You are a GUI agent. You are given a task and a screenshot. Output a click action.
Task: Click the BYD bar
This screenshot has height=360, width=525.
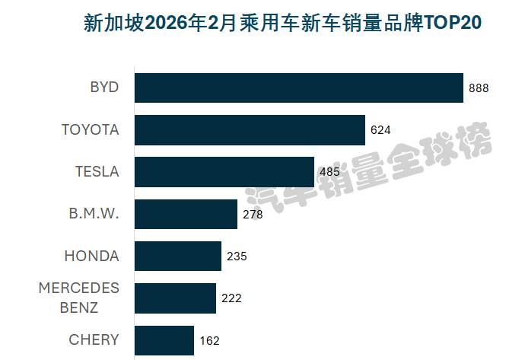(x=299, y=88)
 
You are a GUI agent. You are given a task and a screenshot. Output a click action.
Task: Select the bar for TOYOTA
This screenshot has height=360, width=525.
(x=250, y=130)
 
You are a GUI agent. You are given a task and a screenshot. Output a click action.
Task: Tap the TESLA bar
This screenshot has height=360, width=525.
(x=224, y=172)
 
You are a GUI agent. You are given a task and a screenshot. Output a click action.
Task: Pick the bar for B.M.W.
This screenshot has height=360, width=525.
(x=186, y=215)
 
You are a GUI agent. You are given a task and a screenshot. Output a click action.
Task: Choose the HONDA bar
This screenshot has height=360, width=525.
(x=178, y=256)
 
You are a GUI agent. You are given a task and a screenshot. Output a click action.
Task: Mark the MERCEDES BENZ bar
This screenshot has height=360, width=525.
(x=175, y=298)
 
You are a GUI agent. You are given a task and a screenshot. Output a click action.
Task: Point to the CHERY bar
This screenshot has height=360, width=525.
(x=164, y=340)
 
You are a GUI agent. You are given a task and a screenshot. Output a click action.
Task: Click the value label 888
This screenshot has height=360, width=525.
(x=479, y=88)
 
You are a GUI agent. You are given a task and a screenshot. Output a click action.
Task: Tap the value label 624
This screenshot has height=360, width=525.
(x=380, y=130)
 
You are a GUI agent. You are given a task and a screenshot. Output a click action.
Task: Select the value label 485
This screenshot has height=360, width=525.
(x=329, y=172)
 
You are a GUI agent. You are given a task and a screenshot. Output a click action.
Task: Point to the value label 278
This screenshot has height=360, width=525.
(x=253, y=215)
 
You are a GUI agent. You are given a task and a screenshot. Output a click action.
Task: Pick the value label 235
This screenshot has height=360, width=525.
(x=237, y=256)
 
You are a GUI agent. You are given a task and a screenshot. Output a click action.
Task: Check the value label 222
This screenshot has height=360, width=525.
(x=231, y=298)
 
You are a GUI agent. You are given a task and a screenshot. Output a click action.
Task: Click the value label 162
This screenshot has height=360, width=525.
(x=209, y=341)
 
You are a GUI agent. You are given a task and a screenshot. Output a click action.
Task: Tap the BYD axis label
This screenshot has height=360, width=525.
(x=104, y=88)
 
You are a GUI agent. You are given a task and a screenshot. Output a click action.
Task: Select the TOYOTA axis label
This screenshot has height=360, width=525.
(x=91, y=130)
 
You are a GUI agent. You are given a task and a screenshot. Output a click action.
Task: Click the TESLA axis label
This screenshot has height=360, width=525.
(x=97, y=172)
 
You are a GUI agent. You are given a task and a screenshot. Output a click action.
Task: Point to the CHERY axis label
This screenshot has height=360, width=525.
(x=94, y=340)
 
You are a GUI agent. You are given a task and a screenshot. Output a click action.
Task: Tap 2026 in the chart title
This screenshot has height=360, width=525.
(x=167, y=23)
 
